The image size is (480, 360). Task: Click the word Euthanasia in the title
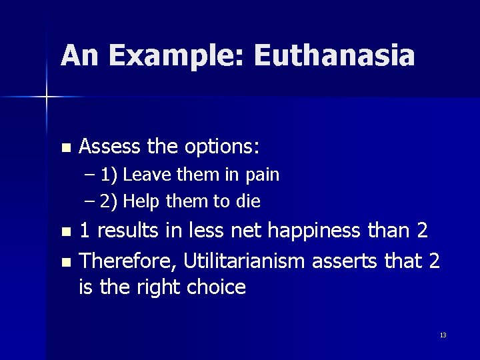pos(334,56)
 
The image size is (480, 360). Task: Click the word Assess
pos(109,145)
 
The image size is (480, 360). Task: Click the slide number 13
pos(443,335)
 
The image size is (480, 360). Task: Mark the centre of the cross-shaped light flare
pos(47,97)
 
